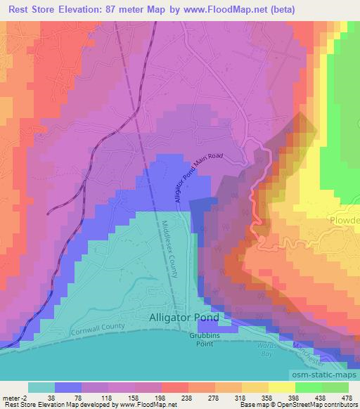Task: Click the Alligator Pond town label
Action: [184, 317]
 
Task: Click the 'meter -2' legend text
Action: [15, 397]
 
